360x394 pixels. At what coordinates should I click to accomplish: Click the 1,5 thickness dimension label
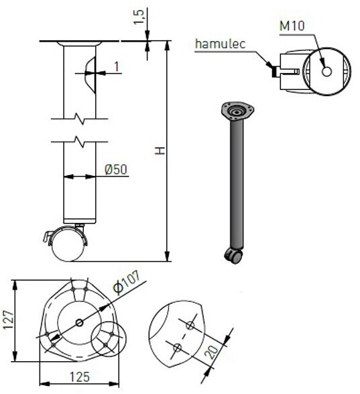(x=139, y=17)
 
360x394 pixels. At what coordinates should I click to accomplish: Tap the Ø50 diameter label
(x=116, y=169)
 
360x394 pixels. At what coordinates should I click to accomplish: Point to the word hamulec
(x=220, y=44)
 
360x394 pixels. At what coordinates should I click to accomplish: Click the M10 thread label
(x=292, y=26)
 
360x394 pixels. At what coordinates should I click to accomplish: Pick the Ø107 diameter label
(x=126, y=282)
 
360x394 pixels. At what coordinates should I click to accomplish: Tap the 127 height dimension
(x=8, y=320)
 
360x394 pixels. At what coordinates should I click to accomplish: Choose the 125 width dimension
(x=80, y=377)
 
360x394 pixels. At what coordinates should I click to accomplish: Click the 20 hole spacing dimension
(x=212, y=352)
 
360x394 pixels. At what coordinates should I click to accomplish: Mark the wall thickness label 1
(x=117, y=67)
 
